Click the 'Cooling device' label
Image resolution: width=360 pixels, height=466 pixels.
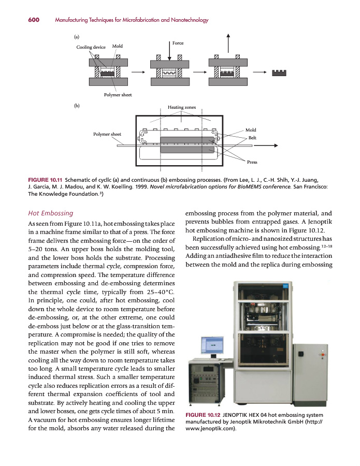pos(91,47)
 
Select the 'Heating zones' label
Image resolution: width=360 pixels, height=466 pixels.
pos(182,108)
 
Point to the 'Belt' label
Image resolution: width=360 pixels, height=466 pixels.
pos(252,138)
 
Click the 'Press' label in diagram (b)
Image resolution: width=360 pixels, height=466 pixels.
pos(252,162)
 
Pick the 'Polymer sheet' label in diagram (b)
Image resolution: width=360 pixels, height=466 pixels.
pos(107,134)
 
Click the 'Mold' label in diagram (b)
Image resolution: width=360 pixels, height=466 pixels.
pos(251,130)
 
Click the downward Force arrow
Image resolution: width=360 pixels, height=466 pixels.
pos(169,51)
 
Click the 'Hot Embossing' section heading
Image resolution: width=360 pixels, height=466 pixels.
pos(50,213)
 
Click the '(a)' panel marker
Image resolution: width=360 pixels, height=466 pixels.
pos(76,37)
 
